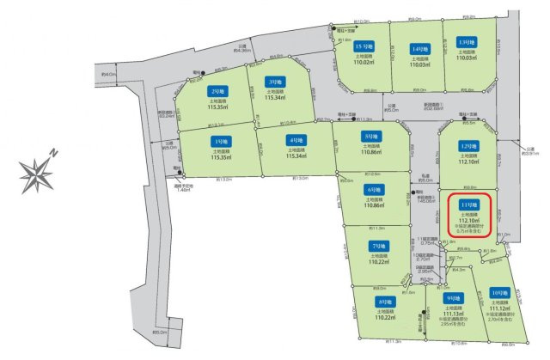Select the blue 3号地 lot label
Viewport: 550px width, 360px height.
pos(274,82)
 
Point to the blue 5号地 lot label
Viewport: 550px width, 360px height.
pos(372,136)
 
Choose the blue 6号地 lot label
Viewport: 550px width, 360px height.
pos(374,190)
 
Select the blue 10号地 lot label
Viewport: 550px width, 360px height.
pos(498,292)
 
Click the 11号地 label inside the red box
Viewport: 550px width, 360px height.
pos(468,204)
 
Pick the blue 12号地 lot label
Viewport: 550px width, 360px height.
pos(467,145)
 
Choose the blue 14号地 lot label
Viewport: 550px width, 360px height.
pos(419,49)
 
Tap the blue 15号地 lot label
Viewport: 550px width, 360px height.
pos(364,46)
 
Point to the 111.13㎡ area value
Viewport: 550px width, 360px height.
pos(452,314)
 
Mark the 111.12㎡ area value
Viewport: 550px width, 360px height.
pos(498,307)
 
